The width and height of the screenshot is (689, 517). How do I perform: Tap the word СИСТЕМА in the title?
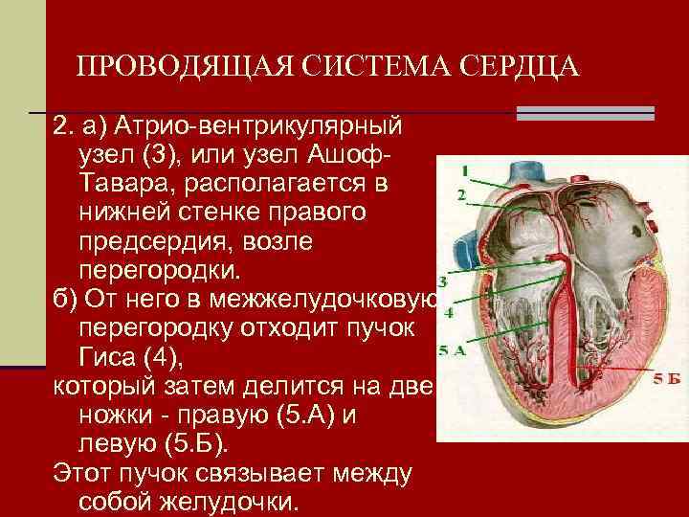click(375, 67)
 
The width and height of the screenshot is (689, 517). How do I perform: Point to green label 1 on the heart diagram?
click(465, 171)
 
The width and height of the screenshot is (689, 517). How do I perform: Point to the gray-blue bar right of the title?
click(586, 113)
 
